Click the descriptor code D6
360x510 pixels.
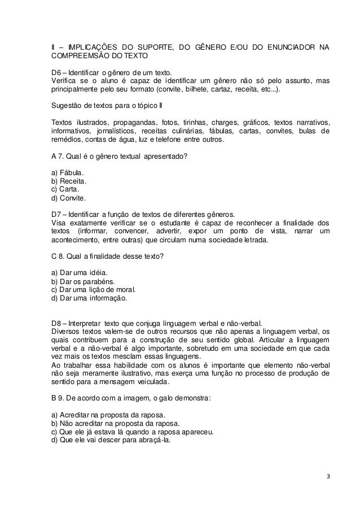click(56, 72)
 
